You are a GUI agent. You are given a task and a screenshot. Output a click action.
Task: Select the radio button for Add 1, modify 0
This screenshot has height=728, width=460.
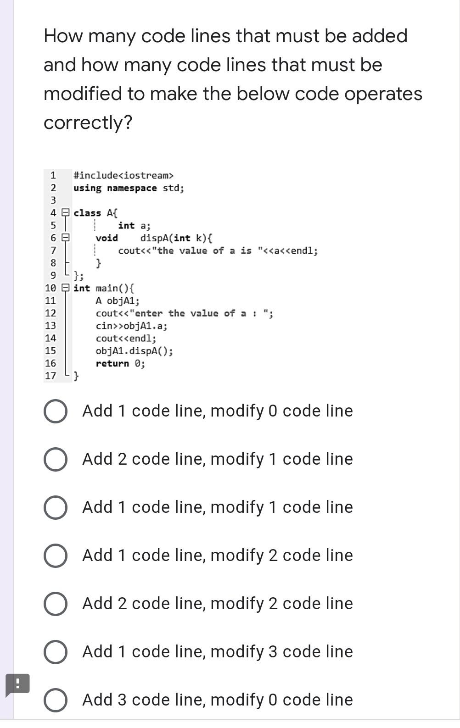click(x=56, y=411)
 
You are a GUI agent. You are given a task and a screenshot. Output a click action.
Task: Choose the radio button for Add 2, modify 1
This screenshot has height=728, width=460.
click(x=56, y=459)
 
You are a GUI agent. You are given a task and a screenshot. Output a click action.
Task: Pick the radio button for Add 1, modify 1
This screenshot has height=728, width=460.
click(x=56, y=507)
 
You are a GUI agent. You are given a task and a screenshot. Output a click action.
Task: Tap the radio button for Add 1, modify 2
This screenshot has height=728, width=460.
click(x=56, y=556)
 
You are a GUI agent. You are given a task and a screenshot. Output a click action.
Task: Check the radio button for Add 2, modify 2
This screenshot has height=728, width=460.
click(x=56, y=604)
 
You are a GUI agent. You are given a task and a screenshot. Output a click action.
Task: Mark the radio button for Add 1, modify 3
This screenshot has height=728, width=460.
click(x=56, y=652)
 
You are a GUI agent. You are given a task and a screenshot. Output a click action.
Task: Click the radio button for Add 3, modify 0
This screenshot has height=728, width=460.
click(x=56, y=700)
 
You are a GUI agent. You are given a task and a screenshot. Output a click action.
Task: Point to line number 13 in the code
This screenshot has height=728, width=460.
click(x=50, y=326)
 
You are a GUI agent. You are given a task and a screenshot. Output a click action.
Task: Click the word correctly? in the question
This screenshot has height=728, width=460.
click(x=88, y=122)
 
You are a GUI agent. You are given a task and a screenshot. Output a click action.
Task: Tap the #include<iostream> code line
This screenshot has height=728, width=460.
click(x=123, y=176)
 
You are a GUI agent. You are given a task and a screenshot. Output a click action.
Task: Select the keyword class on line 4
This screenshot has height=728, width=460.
click(x=87, y=213)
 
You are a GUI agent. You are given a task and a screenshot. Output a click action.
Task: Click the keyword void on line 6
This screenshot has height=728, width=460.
click(x=107, y=238)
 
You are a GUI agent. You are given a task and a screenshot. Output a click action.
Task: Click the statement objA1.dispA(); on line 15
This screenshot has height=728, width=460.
click(x=134, y=351)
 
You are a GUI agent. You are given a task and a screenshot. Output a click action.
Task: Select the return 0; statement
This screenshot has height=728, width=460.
click(x=120, y=364)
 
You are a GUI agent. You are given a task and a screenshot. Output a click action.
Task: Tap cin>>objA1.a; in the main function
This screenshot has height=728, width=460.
click(x=131, y=326)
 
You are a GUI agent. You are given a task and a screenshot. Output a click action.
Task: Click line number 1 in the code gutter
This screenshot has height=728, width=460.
click(x=53, y=176)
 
